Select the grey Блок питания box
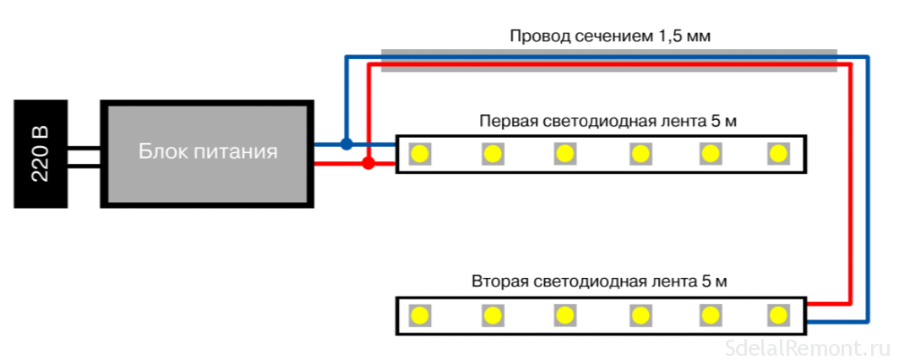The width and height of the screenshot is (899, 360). click(x=206, y=153)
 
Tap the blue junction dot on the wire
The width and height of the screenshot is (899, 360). click(x=346, y=144)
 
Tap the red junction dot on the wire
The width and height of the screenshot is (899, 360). click(x=368, y=163)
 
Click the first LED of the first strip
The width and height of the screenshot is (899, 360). click(x=418, y=153)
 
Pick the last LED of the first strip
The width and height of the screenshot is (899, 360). click(x=777, y=153)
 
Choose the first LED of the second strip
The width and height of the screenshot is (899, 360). click(x=418, y=315)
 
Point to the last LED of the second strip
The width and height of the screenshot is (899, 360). click(x=777, y=315)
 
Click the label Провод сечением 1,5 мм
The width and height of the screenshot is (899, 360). click(x=609, y=36)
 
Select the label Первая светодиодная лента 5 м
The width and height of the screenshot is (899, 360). click(x=608, y=121)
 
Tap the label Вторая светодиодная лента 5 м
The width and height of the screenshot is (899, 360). click(x=600, y=281)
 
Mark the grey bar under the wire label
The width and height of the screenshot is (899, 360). click(x=608, y=61)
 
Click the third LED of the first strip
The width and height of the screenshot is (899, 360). click(x=564, y=153)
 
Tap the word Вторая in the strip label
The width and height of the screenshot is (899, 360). click(x=500, y=281)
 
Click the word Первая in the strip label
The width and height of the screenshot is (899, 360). click(x=507, y=121)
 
